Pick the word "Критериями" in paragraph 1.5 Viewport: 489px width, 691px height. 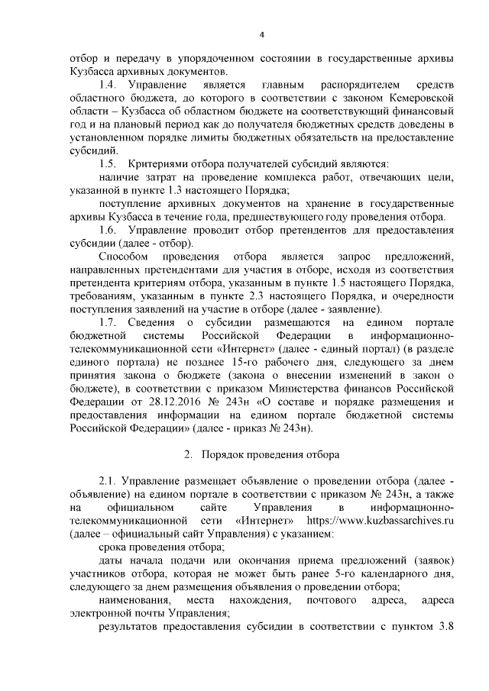159,163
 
